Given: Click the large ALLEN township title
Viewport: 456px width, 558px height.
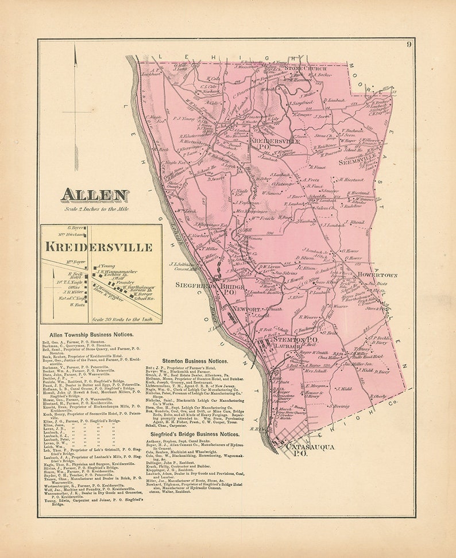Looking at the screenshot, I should [x=95, y=195].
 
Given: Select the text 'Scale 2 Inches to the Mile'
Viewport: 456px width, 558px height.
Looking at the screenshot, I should [x=96, y=209].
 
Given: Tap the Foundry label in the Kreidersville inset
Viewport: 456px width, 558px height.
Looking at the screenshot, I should [x=125, y=282].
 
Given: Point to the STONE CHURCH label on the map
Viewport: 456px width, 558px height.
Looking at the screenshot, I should [x=306, y=68].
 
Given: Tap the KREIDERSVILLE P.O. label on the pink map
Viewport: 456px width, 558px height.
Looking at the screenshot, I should [x=267, y=142].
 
